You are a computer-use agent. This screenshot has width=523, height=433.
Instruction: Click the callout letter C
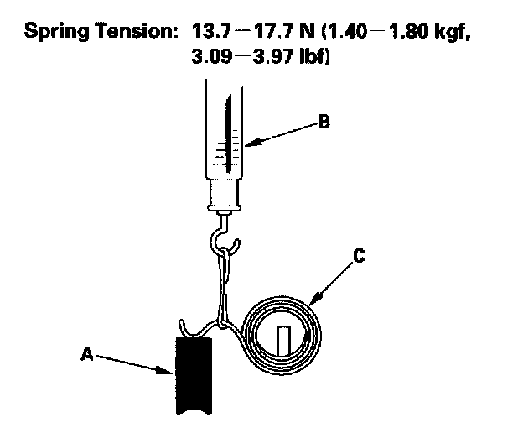pos(358,258)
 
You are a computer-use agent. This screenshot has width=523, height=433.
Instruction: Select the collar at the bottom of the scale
pos(225,198)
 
